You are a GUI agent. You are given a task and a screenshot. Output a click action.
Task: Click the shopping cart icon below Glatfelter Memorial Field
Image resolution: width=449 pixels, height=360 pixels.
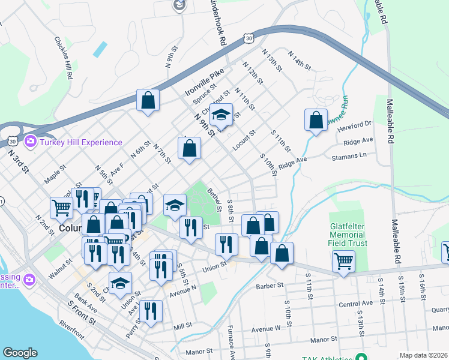[x=343, y=260]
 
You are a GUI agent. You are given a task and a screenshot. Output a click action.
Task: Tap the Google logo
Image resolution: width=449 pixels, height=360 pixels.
[x=20, y=353]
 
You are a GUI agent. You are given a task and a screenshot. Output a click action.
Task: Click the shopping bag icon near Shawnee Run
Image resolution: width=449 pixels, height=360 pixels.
[x=316, y=120]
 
